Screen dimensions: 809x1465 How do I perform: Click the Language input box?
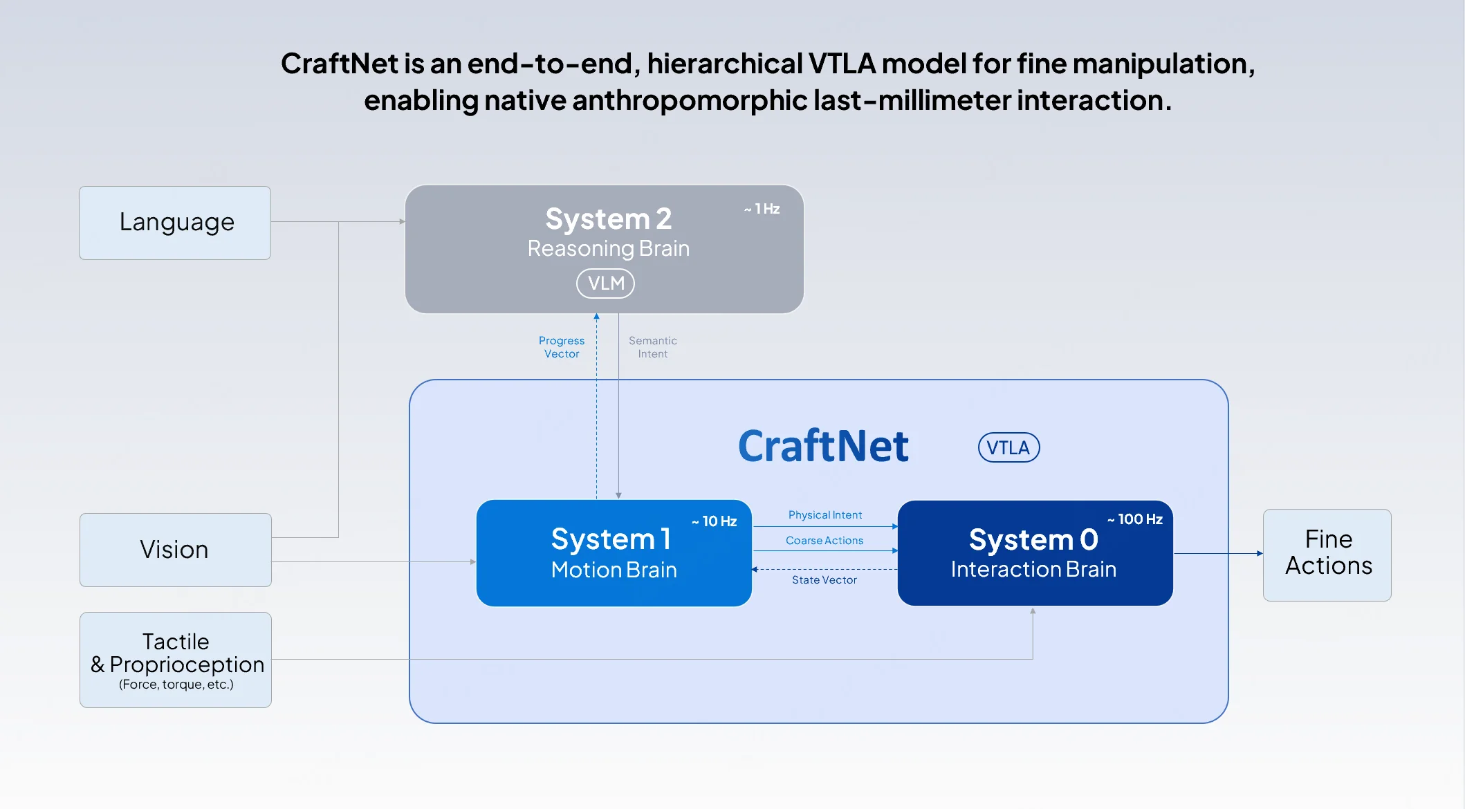175,223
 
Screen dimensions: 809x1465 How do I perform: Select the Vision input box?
175,550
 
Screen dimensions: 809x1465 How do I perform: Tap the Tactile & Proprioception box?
175,659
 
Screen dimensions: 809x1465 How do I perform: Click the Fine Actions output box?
1327,555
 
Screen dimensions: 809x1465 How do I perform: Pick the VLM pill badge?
605,283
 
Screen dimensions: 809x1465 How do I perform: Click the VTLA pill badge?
1008,447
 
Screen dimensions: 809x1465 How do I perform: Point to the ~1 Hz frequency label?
762,209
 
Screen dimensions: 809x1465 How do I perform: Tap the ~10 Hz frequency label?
715,521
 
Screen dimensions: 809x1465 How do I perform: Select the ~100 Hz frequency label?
1135,519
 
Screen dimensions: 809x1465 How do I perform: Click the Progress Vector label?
562,347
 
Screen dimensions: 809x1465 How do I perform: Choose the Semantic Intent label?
652,347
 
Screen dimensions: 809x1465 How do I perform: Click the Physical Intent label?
824,515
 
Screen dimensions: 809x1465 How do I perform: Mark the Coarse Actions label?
824,541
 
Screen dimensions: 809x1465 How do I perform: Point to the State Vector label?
824,580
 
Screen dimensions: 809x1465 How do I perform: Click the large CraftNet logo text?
823,446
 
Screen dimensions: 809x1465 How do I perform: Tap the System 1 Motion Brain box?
614,553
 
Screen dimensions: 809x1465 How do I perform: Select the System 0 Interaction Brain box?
1034,554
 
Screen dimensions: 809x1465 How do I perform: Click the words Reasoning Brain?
608,248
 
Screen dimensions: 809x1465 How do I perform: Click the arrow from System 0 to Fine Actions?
1217,553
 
